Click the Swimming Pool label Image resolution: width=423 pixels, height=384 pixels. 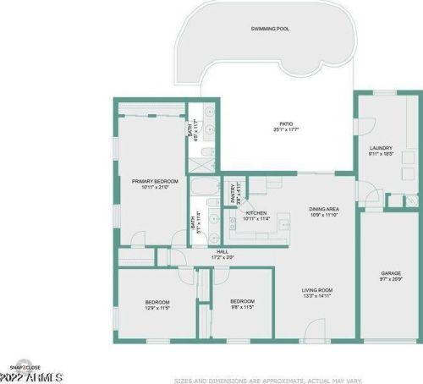(x=270, y=29)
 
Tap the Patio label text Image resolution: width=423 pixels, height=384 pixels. (x=286, y=123)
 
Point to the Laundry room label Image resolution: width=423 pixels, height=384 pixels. (x=382, y=149)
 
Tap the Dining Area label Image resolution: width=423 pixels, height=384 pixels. (x=324, y=208)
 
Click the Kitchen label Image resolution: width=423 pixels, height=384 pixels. (x=256, y=212)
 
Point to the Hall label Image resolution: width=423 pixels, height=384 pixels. (x=223, y=251)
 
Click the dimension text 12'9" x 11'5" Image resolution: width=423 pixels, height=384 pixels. (x=157, y=309)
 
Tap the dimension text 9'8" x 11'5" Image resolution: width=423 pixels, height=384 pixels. (x=244, y=308)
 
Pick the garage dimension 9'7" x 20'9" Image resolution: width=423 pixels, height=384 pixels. (x=391, y=279)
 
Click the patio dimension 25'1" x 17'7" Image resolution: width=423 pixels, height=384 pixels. (x=286, y=130)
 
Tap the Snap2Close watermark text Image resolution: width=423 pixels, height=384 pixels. (x=25, y=366)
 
